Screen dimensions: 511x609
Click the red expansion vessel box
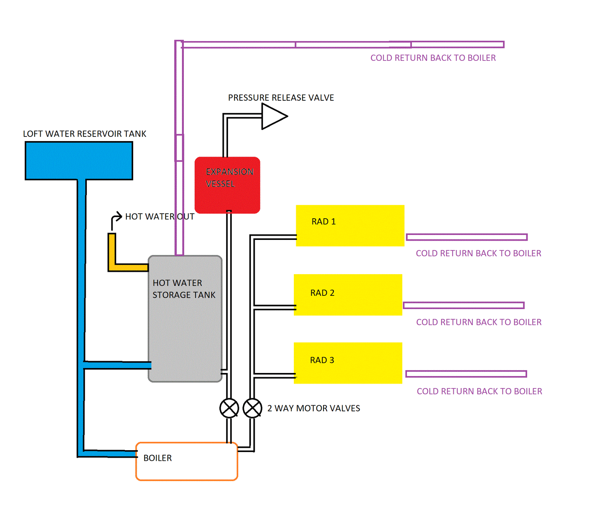[x=227, y=185]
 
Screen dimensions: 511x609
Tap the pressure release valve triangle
[x=272, y=116]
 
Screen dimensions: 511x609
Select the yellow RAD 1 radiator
[x=350, y=225]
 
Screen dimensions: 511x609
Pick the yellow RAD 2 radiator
[x=348, y=295]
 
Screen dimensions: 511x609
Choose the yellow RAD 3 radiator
[x=348, y=363]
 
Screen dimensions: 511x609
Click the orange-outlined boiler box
[x=187, y=462]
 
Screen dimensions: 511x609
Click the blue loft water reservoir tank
[x=79, y=160]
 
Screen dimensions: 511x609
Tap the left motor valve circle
[x=229, y=408]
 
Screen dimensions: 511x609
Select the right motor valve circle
[x=252, y=408]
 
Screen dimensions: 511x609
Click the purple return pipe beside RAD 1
[x=467, y=237]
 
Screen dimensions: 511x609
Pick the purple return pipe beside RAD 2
[x=464, y=305]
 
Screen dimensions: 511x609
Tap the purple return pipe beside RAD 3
[x=466, y=374]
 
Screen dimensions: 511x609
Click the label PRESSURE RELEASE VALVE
[x=281, y=98]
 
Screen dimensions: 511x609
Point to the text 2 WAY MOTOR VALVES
[x=314, y=408]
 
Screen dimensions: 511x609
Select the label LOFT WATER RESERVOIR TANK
[x=84, y=134]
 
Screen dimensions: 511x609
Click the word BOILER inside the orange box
[x=158, y=458]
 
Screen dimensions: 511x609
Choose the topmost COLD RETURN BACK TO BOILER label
[x=433, y=58]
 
